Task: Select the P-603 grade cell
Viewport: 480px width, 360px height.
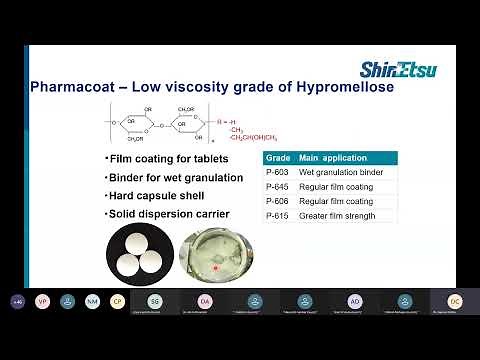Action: point(278,171)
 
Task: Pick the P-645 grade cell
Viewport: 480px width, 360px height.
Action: point(278,186)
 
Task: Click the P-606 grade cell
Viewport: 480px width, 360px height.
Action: point(278,201)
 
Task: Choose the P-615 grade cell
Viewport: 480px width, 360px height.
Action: point(278,216)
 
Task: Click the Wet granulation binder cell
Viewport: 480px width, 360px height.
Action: point(340,171)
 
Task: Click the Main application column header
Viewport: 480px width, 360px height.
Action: point(334,157)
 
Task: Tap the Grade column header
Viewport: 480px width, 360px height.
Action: point(278,157)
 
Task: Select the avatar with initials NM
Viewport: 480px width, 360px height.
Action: point(92,301)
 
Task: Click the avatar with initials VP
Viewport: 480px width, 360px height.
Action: point(42,301)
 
